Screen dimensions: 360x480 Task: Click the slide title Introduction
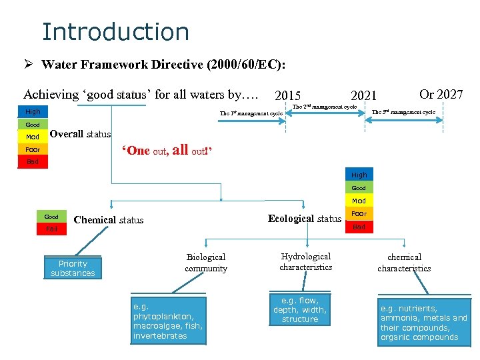tap(115, 31)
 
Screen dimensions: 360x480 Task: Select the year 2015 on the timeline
tap(288, 96)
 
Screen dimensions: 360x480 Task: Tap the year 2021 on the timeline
tap(364, 96)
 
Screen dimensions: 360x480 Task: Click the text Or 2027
tap(441, 94)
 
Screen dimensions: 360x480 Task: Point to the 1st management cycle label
tap(251, 113)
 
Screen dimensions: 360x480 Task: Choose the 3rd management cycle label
tap(403, 112)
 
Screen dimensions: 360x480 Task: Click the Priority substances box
tap(73, 269)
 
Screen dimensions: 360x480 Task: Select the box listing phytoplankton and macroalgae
tap(168, 321)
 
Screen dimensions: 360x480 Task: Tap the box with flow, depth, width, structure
tap(300, 310)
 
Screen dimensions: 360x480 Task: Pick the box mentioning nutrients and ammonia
tap(423, 323)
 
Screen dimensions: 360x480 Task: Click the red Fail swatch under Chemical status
tap(51, 229)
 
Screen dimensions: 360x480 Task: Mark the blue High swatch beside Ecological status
tap(359, 175)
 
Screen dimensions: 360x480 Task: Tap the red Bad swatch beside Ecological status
tap(359, 227)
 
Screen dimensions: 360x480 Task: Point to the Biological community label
tap(206, 263)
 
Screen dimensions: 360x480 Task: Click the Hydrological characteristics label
tap(306, 262)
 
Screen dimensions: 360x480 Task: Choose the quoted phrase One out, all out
tap(166, 150)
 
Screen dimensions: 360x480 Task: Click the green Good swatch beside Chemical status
tap(51, 217)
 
